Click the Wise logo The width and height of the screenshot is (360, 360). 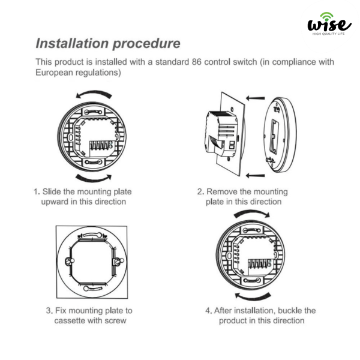click(329, 23)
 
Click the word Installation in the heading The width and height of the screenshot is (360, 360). click(72, 43)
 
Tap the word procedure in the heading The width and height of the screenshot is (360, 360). click(147, 44)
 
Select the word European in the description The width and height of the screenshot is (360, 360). click(54, 73)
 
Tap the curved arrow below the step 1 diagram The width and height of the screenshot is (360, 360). click(94, 178)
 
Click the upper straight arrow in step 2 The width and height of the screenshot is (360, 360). click(255, 98)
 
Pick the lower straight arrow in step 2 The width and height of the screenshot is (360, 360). click(255, 176)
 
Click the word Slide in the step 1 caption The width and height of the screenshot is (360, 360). click(51, 191)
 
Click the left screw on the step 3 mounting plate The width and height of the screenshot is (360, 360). click(70, 261)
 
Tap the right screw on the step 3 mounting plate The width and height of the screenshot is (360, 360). click(118, 261)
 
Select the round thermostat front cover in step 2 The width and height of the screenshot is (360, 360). click(280, 135)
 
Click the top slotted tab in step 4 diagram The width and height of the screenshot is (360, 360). click(251, 230)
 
